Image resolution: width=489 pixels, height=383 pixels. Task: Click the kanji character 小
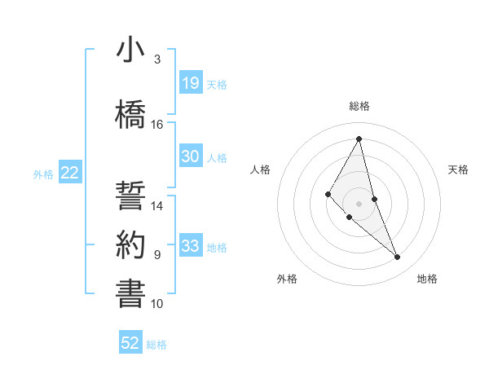click(x=130, y=51)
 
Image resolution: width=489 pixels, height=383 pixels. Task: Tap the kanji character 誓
click(x=130, y=196)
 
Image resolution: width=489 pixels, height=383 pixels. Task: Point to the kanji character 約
click(x=130, y=245)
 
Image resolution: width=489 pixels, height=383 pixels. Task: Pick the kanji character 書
click(x=130, y=294)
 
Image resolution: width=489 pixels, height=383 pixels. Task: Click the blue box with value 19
click(x=191, y=82)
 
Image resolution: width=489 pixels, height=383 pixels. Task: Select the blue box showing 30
click(x=191, y=156)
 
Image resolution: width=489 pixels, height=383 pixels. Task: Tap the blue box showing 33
click(x=191, y=246)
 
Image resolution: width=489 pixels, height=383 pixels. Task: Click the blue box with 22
click(x=70, y=172)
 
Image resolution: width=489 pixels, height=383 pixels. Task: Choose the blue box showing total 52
click(x=130, y=343)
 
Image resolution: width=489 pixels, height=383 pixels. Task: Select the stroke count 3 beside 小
click(x=156, y=59)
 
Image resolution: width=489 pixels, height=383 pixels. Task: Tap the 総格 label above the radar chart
click(x=359, y=106)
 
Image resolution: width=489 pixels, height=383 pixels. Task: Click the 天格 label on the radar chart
click(x=459, y=169)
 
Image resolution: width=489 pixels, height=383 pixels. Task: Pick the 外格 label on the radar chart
click(x=287, y=279)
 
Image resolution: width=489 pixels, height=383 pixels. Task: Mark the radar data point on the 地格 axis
click(x=398, y=258)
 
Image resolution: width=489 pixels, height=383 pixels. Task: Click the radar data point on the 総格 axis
click(x=359, y=139)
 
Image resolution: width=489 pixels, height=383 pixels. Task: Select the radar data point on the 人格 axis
click(x=328, y=193)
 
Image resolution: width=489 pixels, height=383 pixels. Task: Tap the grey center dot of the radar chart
click(x=359, y=203)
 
